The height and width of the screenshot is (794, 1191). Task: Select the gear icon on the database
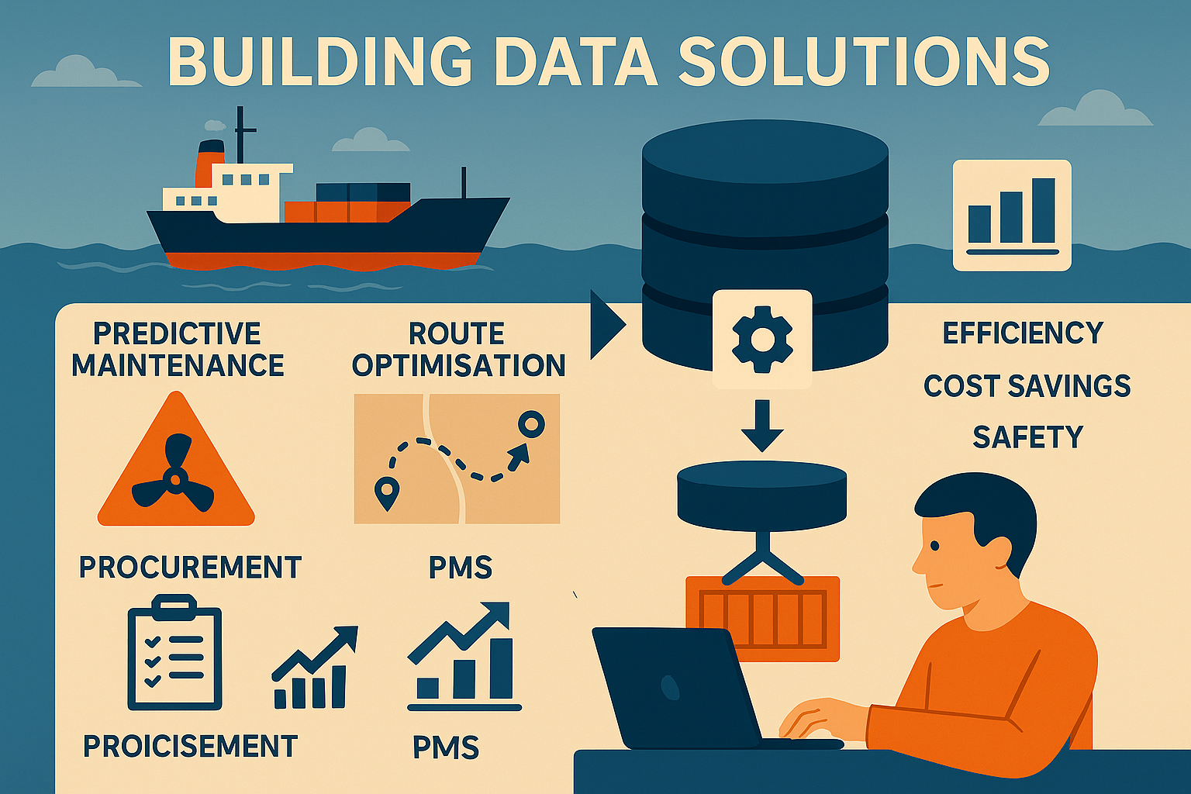click(x=762, y=338)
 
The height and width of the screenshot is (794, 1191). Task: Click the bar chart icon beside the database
click(x=1011, y=216)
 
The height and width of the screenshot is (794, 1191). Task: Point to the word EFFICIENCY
click(x=1023, y=333)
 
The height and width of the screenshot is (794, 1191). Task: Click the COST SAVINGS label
click(x=1027, y=385)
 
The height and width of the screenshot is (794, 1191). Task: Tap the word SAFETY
click(x=1027, y=437)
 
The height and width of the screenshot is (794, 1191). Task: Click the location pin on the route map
click(x=386, y=493)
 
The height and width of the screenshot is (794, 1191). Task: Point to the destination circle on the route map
click(x=531, y=424)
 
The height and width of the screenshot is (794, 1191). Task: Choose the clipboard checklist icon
click(x=174, y=653)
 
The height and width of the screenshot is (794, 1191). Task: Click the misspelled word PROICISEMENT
click(x=190, y=746)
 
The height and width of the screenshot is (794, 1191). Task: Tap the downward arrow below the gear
click(x=762, y=426)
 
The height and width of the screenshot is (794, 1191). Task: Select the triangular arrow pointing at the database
click(x=608, y=325)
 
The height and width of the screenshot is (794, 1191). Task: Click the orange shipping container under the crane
click(x=762, y=619)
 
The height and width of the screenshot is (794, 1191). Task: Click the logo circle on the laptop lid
click(x=669, y=688)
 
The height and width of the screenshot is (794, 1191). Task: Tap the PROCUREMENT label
click(x=190, y=567)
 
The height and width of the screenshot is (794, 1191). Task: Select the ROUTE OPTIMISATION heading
click(x=458, y=350)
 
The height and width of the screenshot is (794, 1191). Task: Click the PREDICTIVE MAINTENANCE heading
click(x=178, y=350)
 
